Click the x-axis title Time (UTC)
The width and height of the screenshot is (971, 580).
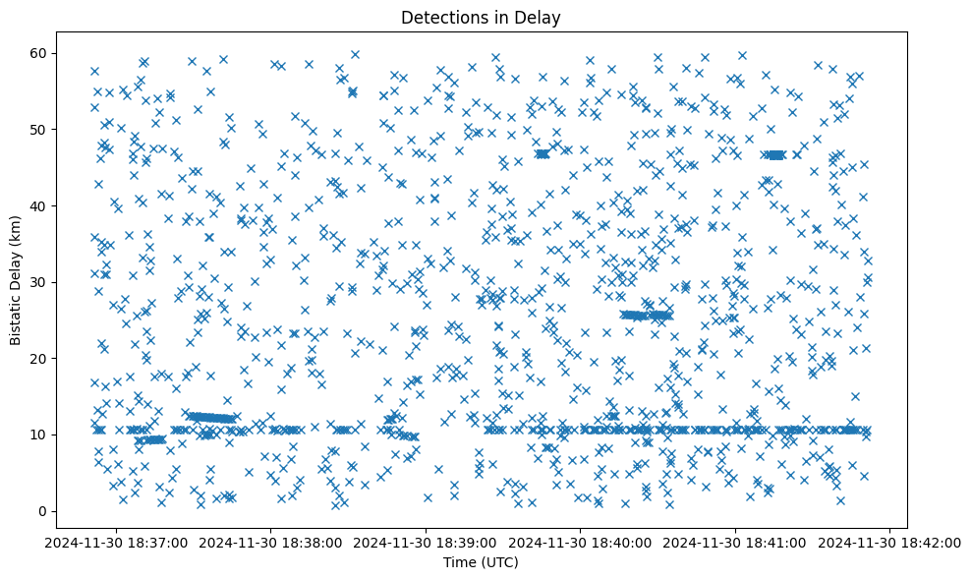coord(482,563)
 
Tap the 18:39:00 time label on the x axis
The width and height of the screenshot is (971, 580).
coord(427,541)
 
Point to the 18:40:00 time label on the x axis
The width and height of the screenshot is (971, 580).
coord(581,541)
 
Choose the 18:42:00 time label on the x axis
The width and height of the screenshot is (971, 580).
coord(890,541)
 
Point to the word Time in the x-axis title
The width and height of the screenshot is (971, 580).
coord(462,563)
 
